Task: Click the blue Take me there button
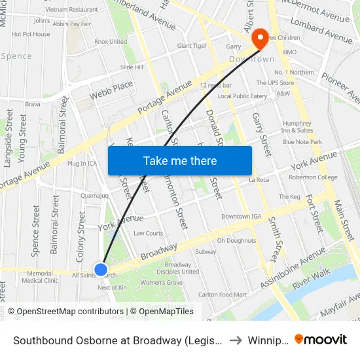click(x=180, y=160)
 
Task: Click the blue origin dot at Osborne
click(x=101, y=269)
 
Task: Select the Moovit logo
click(x=321, y=339)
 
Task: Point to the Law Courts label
click(x=148, y=233)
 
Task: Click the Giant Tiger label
click(x=192, y=46)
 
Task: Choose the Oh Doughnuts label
click(x=236, y=240)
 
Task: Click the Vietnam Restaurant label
click(x=72, y=10)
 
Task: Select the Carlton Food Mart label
click(x=223, y=295)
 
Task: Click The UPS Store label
click(x=275, y=83)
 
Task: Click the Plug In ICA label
click(x=82, y=163)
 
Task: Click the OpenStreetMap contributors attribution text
click(x=65, y=312)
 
